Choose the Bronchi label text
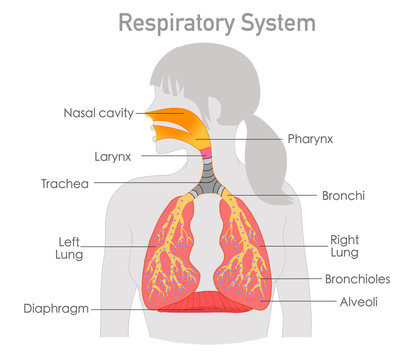344,196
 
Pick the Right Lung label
344,247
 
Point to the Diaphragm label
58,309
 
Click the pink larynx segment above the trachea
203,154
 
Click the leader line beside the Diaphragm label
150,309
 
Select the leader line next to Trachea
140,184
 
